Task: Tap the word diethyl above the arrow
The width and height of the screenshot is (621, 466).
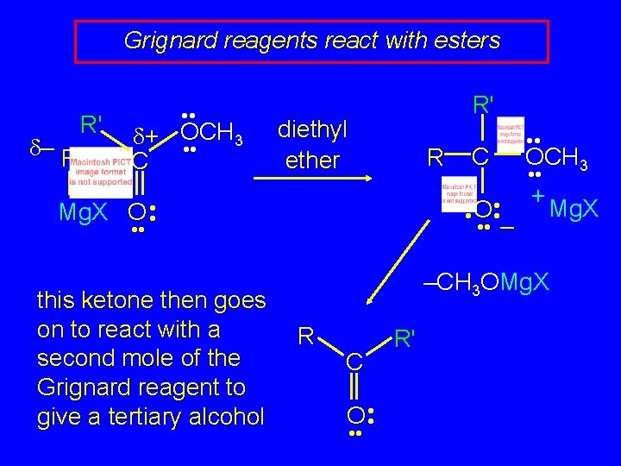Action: pyautogui.click(x=311, y=130)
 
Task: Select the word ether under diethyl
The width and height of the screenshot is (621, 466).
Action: pyautogui.click(x=311, y=160)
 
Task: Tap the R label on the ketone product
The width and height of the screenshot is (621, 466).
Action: pyautogui.click(x=304, y=334)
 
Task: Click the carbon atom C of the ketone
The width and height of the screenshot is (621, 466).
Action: pyautogui.click(x=354, y=366)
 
